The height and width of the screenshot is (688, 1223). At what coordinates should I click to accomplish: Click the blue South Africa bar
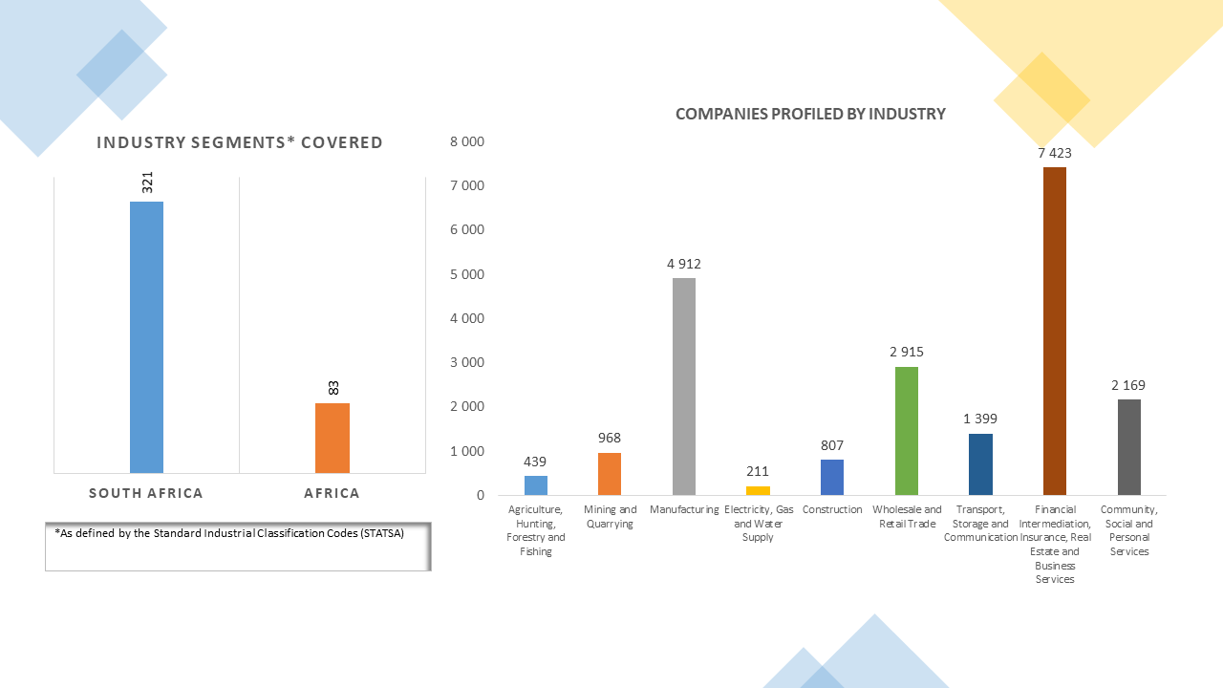click(x=146, y=336)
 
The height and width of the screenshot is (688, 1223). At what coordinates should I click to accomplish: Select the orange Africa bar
click(x=332, y=438)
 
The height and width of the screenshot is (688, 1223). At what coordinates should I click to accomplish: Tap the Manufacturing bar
click(x=684, y=386)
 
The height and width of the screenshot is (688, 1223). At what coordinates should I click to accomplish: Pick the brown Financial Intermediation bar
click(x=1055, y=331)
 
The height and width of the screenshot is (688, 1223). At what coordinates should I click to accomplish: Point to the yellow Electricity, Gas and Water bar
click(x=758, y=490)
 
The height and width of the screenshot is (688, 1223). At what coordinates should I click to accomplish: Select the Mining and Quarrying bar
click(x=610, y=473)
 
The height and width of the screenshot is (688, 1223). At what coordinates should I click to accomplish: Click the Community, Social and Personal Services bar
click(x=1128, y=446)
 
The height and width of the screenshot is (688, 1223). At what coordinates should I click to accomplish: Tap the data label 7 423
click(x=1055, y=153)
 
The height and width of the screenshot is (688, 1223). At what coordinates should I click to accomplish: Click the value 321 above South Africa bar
click(x=147, y=183)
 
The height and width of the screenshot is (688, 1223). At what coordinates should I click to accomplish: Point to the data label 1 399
click(x=980, y=419)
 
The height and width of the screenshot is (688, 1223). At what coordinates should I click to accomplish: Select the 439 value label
click(x=535, y=461)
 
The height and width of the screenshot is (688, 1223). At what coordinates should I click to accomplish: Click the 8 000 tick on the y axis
click(x=467, y=141)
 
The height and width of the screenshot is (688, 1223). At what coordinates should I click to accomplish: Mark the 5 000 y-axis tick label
click(x=467, y=274)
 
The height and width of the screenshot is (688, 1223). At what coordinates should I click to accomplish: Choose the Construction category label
click(x=832, y=509)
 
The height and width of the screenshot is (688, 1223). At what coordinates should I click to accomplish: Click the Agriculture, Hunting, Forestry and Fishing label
click(x=536, y=530)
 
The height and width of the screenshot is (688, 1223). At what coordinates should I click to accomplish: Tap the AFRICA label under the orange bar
click(x=332, y=494)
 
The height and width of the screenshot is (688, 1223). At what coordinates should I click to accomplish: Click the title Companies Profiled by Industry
click(x=810, y=115)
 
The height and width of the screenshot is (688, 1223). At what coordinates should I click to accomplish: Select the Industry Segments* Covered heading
click(x=240, y=143)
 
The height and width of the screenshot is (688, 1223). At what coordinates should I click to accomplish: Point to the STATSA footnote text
click(x=229, y=533)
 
